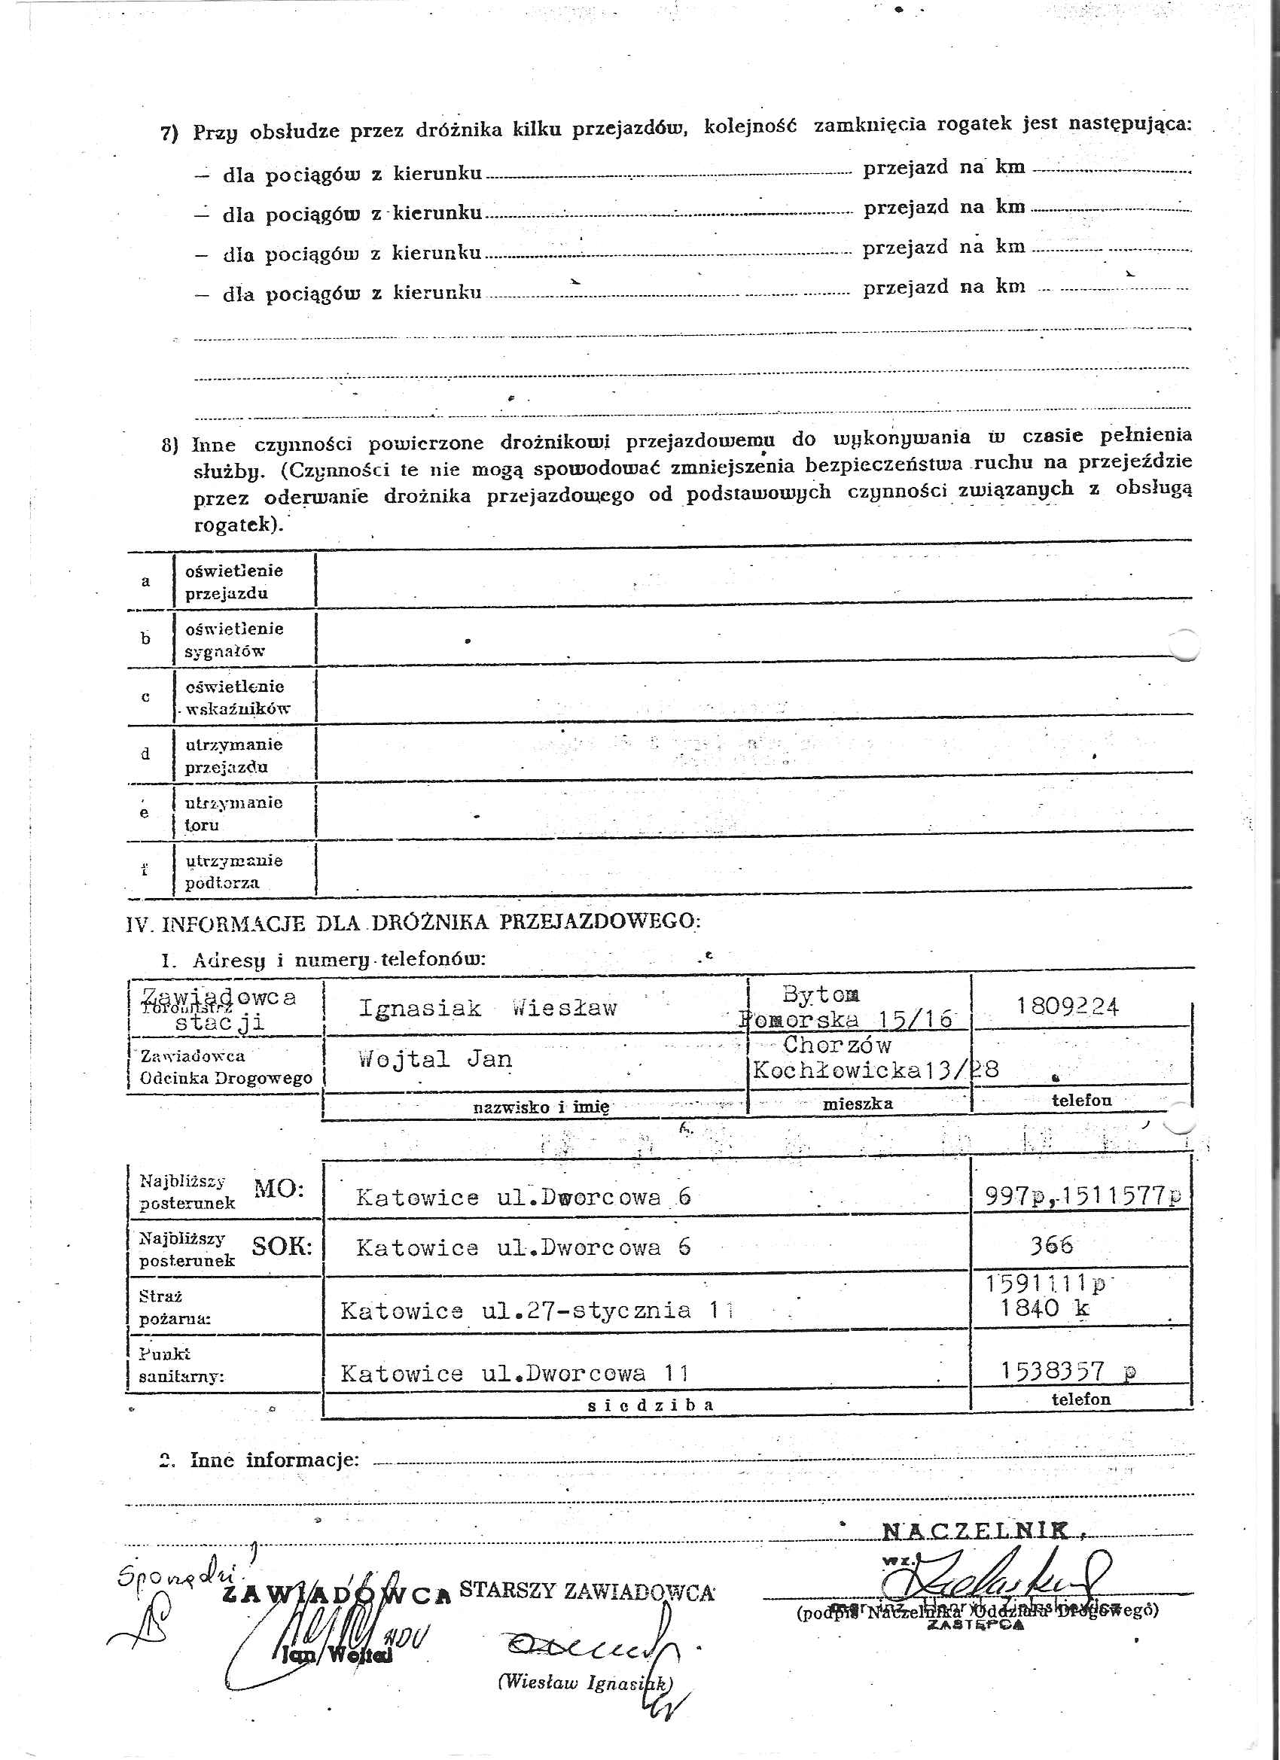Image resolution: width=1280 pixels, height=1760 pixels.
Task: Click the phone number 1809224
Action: coord(1068,1007)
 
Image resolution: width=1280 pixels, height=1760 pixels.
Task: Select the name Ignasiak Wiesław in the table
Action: coord(487,1009)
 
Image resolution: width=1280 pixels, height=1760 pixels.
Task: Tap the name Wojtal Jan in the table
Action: coord(434,1059)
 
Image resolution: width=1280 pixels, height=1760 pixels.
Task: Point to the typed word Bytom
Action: coord(821,994)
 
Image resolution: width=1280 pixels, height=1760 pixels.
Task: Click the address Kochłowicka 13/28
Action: coord(876,1070)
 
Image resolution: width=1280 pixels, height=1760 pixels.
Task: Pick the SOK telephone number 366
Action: coord(1051,1246)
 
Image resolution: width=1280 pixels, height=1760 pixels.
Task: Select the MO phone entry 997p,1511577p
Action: coord(1083,1196)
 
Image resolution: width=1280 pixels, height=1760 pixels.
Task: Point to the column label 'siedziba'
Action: coord(651,1405)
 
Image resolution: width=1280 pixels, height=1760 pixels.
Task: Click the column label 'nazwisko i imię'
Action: coord(541,1107)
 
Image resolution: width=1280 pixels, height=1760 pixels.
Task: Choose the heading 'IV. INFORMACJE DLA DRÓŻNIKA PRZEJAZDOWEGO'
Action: coord(413,923)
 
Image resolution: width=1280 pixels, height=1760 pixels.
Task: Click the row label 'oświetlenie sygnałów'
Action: coord(233,639)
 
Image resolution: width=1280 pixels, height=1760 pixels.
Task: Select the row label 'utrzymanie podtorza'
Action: coord(233,871)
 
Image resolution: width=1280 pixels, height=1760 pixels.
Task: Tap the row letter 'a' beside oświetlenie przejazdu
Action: coord(145,581)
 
